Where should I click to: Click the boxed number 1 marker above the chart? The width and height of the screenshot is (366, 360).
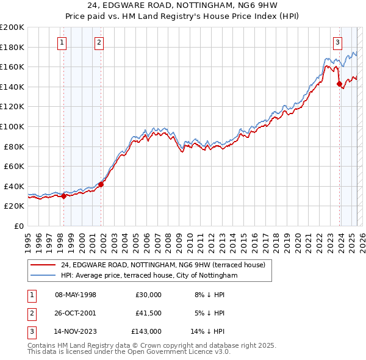(x=63, y=42)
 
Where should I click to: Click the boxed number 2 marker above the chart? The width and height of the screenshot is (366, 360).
(x=99, y=42)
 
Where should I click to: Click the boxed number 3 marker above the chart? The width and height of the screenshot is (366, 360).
(x=337, y=42)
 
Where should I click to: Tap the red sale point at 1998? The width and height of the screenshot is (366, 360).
(x=63, y=196)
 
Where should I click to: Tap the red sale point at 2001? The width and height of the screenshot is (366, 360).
(x=101, y=184)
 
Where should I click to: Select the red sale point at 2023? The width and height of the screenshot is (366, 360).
(x=339, y=84)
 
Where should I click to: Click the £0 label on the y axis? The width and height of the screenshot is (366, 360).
(x=19, y=226)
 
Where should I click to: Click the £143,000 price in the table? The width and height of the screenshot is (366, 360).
(x=146, y=333)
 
